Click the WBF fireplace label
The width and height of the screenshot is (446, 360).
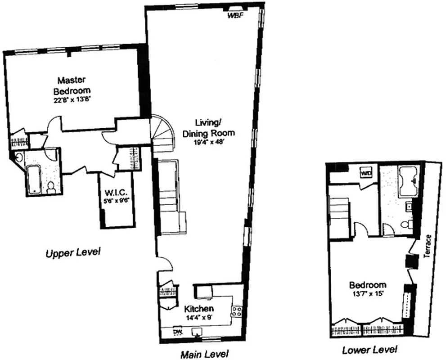[x=234, y=15]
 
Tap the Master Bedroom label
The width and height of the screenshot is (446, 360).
[x=75, y=85]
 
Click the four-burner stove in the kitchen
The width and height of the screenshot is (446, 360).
[x=237, y=310]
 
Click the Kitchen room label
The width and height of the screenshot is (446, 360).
[x=198, y=309]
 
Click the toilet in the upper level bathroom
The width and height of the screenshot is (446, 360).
[x=51, y=187]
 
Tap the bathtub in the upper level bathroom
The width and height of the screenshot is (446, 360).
[x=34, y=180]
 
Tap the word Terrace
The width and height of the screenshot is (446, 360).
[x=429, y=246]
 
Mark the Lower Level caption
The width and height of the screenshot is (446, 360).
[x=370, y=350]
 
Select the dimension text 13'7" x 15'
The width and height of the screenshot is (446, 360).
[x=368, y=294]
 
